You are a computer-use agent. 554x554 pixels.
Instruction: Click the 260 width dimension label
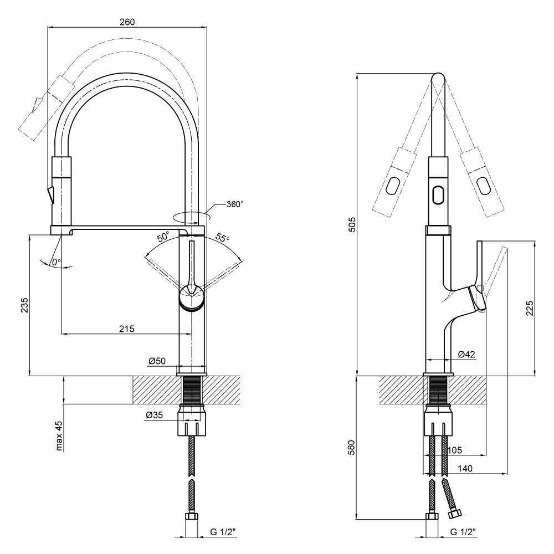click(127, 22)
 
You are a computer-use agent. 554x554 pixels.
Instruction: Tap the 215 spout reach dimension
click(127, 329)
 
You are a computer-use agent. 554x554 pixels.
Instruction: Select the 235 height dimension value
click(24, 305)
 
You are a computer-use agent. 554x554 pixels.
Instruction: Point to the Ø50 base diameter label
click(157, 361)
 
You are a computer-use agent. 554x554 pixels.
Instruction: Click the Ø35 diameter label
click(154, 416)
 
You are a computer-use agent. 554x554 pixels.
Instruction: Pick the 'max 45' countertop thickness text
click(59, 436)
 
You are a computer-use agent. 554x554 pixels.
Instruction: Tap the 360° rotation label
click(234, 204)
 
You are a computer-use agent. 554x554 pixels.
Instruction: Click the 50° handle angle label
click(163, 237)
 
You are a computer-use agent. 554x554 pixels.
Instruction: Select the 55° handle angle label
click(222, 239)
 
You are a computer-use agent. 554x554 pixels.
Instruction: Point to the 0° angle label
click(56, 261)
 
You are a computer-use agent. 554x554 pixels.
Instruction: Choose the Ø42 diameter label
click(467, 354)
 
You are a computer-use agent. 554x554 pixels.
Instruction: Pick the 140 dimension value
click(465, 469)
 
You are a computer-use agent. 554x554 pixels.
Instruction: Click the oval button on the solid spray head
click(437, 194)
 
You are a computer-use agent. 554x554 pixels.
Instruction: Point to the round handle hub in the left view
click(192, 298)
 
